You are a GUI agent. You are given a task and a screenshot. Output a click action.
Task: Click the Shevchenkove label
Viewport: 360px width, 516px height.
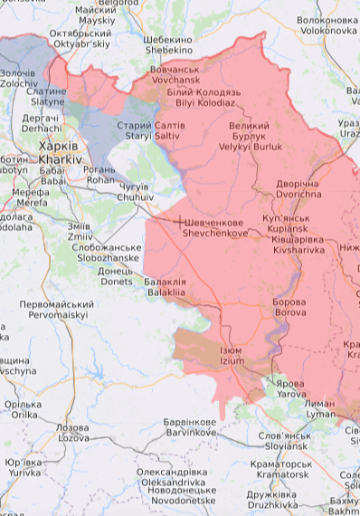(x=218, y=227)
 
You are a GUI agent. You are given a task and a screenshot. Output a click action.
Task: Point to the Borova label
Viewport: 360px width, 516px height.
(x=289, y=307)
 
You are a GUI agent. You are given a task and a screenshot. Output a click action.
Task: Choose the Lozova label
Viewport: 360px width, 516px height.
(x=72, y=432)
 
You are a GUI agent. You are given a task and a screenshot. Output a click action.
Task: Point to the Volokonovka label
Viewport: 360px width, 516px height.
(x=327, y=25)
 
